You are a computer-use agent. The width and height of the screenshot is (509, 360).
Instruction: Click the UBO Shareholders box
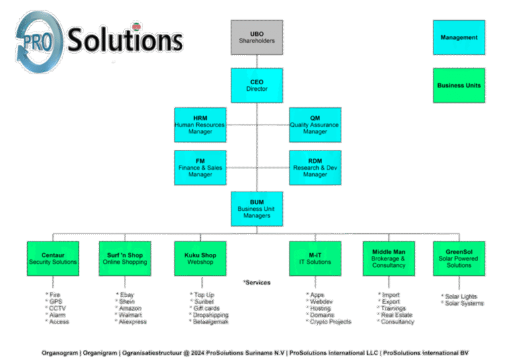256,37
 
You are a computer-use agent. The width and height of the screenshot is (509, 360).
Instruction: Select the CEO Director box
256,86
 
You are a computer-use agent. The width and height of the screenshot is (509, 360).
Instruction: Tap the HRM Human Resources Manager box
199,125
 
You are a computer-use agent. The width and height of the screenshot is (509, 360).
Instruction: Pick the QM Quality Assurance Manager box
315,125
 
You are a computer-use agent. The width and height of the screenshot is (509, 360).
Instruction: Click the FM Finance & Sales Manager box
199,168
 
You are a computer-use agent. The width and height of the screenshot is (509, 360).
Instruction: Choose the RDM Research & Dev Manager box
315,168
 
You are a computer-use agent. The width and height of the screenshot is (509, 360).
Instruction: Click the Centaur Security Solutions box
52,259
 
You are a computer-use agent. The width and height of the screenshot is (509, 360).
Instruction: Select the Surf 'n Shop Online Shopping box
125,259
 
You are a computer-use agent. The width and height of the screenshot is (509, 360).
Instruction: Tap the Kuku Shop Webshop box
199,259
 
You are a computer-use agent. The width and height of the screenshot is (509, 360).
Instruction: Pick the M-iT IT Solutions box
315,259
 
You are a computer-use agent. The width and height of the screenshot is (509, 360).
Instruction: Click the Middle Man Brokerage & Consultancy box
388,259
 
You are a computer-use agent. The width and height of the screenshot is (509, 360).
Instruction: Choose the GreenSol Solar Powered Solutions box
459,259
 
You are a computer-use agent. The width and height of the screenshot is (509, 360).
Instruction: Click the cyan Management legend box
459,38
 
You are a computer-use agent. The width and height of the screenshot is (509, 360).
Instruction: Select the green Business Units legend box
459,86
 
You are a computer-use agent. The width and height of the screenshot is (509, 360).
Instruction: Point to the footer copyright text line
255,352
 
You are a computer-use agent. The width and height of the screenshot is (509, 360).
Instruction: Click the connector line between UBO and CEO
256,62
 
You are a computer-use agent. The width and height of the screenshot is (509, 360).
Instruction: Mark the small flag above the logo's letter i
137,27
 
